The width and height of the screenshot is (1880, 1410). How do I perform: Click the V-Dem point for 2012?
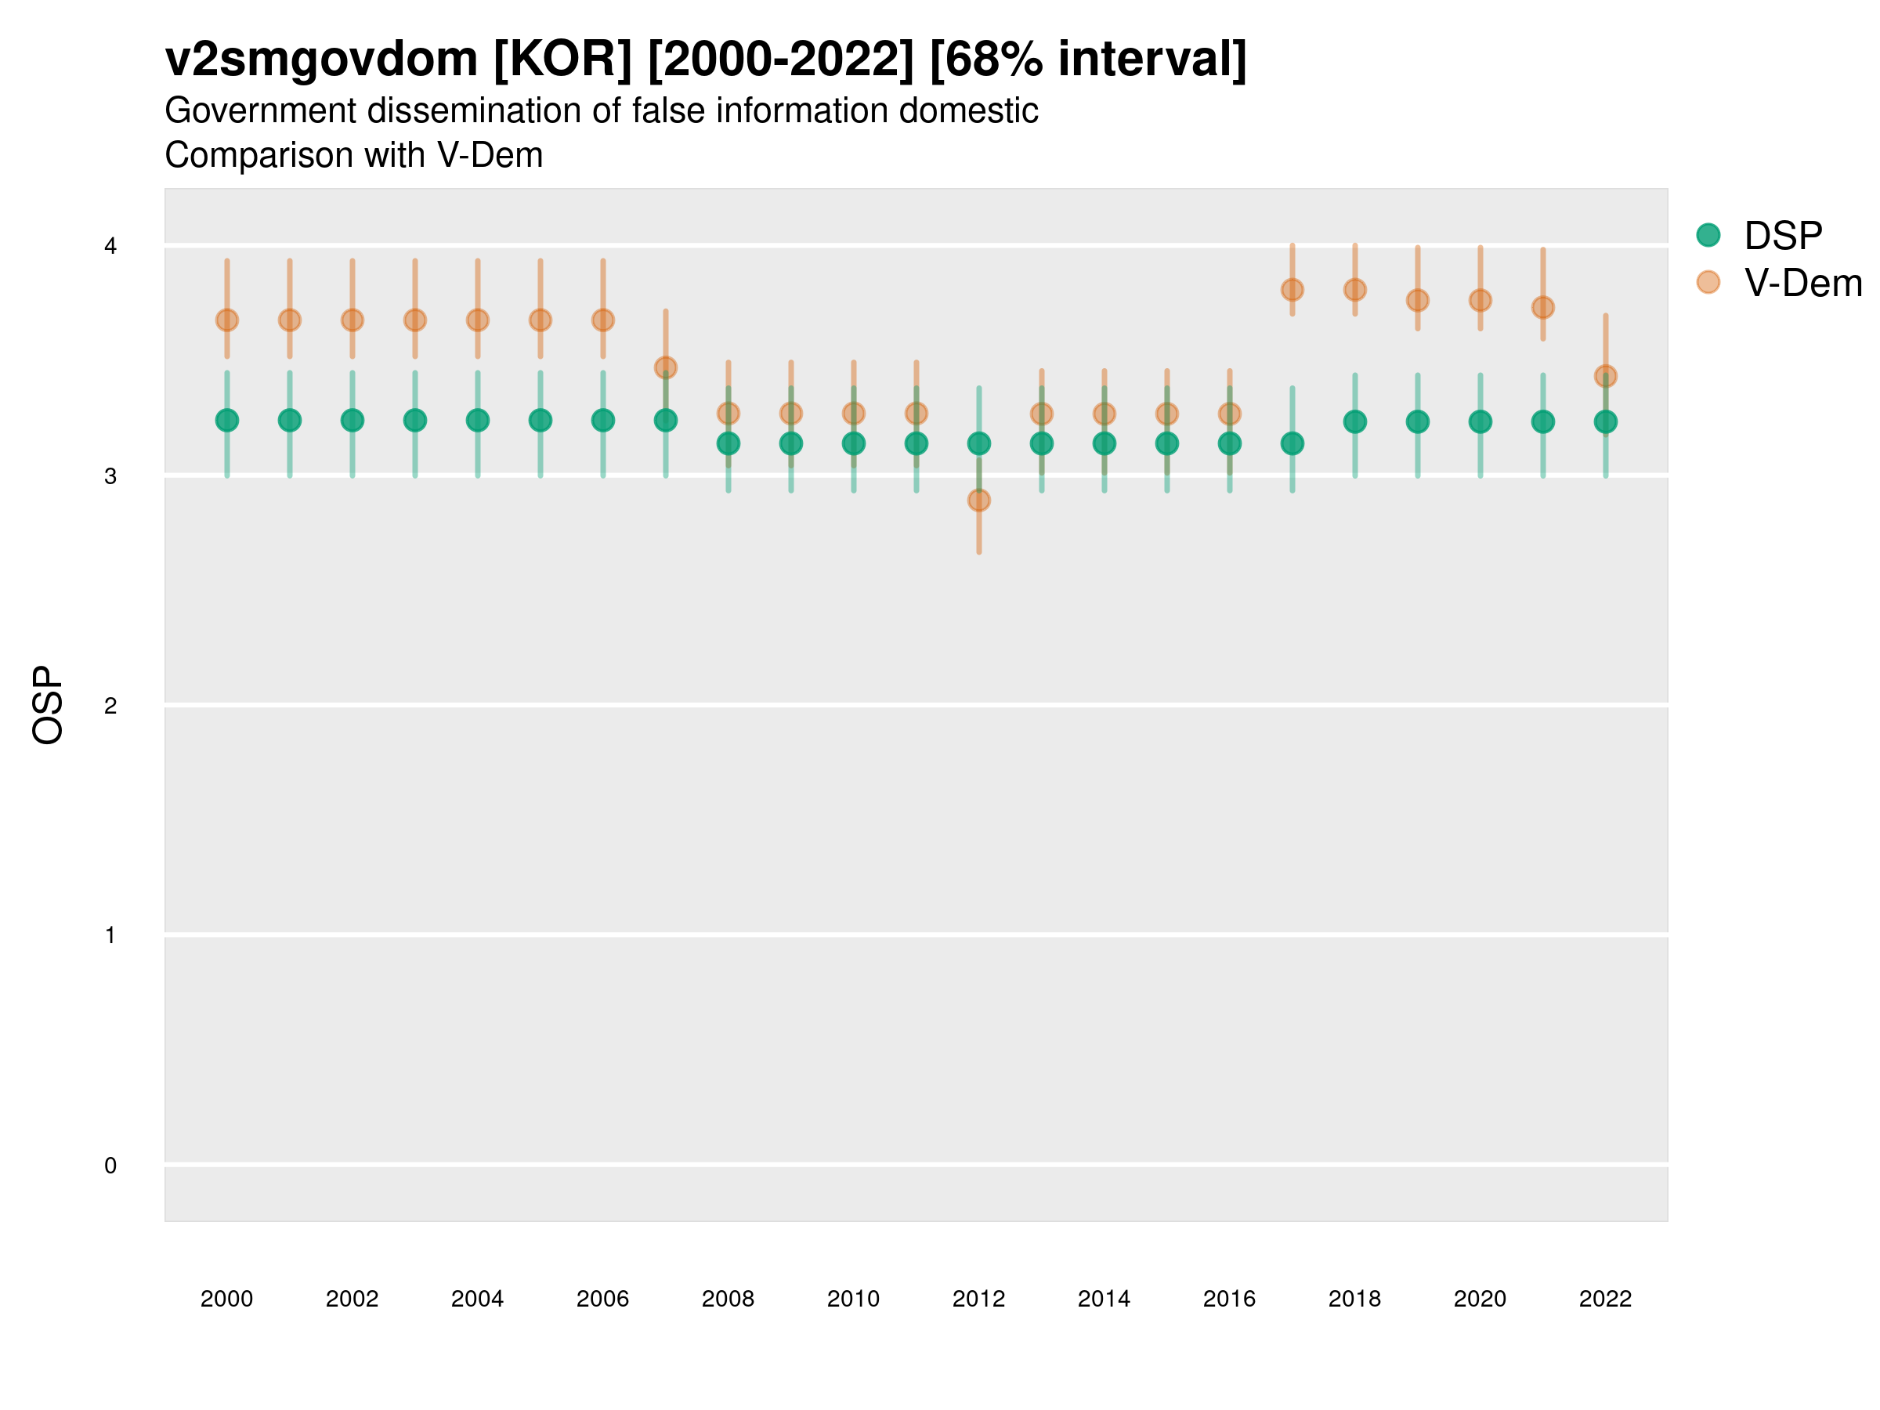978,500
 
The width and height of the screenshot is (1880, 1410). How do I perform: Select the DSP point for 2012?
978,443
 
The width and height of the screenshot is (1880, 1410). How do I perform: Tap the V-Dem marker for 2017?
1292,290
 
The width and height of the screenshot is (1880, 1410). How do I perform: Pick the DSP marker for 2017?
1292,443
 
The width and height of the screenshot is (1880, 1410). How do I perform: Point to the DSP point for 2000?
227,420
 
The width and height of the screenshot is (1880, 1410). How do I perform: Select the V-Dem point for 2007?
666,367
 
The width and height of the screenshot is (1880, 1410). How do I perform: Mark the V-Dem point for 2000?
227,320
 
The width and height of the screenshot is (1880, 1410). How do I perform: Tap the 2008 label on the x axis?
728,1299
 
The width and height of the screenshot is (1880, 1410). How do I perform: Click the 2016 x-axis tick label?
1229,1299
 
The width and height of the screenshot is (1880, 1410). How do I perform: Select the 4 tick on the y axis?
110,247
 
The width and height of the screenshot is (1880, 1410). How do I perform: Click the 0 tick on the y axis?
110,1166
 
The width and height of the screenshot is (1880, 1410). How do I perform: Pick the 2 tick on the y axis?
110,706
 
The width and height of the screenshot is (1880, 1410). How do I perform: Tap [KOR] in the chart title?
562,60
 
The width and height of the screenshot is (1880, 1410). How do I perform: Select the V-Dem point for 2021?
1542,307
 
